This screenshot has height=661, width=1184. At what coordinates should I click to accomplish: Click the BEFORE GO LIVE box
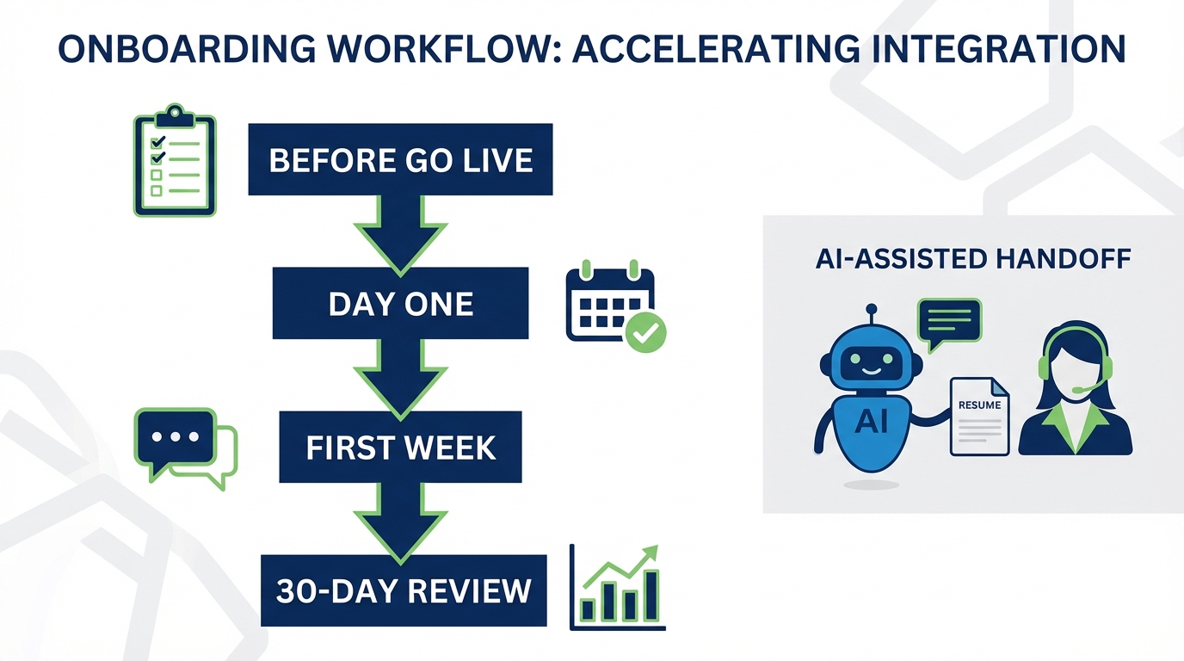click(400, 160)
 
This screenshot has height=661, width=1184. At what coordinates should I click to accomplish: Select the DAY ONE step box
click(400, 303)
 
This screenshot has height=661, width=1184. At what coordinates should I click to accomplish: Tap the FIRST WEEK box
click(400, 447)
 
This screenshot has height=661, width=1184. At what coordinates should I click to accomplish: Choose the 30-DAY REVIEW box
click(404, 590)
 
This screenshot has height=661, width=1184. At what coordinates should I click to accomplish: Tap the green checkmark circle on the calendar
click(645, 332)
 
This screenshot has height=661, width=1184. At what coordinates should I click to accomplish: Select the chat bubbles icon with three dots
click(184, 447)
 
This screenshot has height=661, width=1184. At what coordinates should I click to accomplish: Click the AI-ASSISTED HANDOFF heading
click(972, 259)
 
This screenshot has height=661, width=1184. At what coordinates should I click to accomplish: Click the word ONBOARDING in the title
click(184, 50)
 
